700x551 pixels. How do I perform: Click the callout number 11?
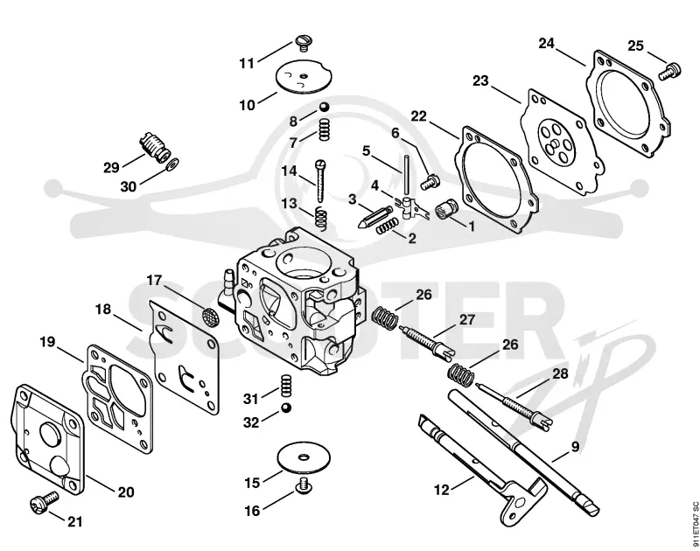click(247, 63)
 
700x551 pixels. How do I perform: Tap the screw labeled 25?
click(670, 72)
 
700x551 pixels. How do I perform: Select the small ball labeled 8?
click(324, 108)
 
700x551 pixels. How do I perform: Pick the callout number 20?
click(126, 492)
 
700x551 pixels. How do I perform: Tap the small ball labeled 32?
click(286, 408)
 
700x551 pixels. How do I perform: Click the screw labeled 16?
click(304, 486)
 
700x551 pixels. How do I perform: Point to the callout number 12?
click(442, 490)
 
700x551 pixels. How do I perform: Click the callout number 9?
click(575, 446)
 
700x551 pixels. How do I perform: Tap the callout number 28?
click(560, 373)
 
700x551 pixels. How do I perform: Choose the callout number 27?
click(467, 320)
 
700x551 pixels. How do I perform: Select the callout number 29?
click(111, 168)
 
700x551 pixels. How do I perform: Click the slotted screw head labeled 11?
click(304, 42)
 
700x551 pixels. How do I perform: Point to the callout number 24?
click(546, 43)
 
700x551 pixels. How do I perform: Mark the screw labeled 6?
click(430, 181)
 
